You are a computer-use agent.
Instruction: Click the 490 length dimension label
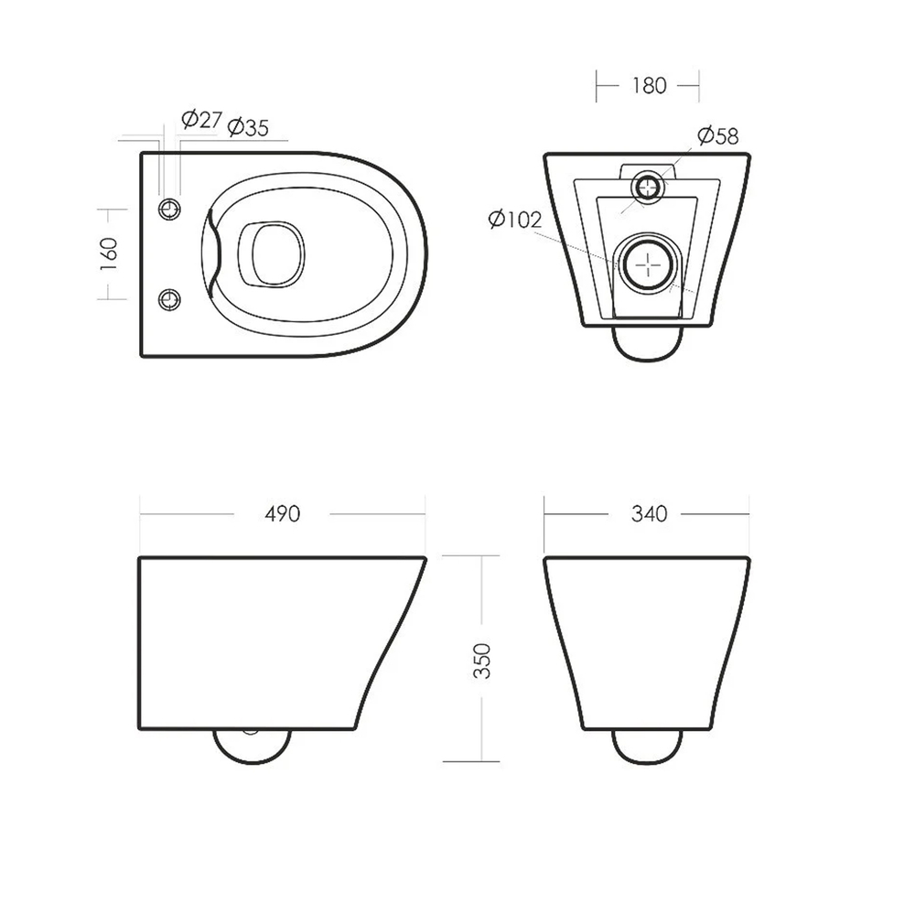283,514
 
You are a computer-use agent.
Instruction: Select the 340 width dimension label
649,514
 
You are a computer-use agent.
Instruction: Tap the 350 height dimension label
482,661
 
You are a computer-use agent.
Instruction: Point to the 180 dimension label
649,86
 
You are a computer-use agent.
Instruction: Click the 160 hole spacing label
109,253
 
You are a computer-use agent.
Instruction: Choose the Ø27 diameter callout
201,120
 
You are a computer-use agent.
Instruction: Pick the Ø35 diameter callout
248,126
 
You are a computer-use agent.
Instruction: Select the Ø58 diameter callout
717,136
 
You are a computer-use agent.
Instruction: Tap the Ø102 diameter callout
515,220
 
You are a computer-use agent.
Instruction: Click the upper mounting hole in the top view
170,209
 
